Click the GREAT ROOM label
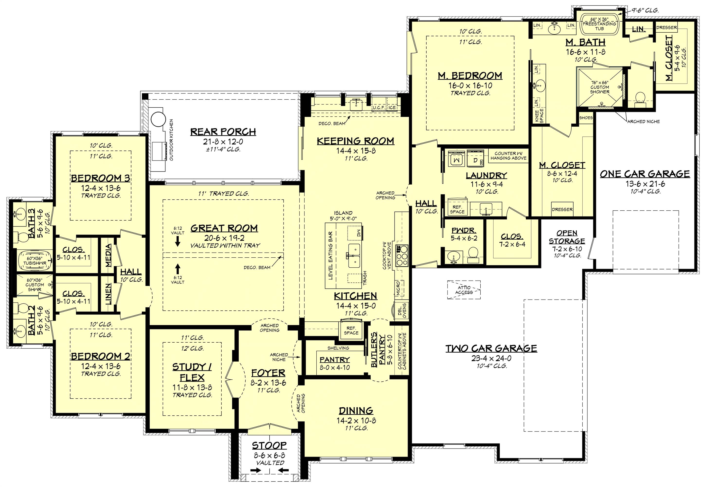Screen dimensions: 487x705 point(224,228)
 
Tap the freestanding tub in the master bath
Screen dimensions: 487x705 point(599,24)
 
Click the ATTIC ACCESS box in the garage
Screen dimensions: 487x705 point(464,290)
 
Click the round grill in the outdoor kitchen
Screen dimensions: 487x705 point(158,119)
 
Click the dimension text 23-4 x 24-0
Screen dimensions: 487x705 point(491,358)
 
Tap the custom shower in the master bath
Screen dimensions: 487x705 point(599,87)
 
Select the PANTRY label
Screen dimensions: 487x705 point(335,360)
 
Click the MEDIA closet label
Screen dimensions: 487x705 point(108,255)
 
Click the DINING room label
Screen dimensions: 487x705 point(356,411)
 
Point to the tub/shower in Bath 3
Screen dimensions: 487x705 point(34,261)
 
